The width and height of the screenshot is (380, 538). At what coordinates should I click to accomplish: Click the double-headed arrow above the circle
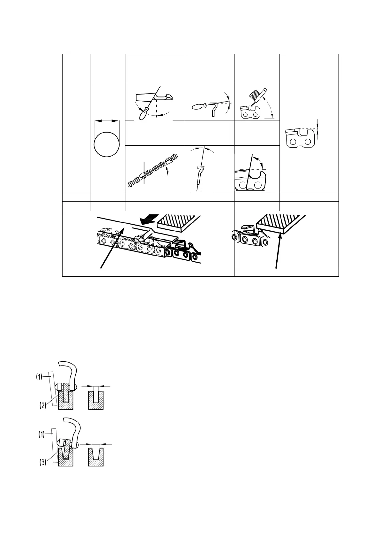[107, 121]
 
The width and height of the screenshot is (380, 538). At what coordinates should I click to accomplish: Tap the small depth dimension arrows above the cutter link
[317, 129]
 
